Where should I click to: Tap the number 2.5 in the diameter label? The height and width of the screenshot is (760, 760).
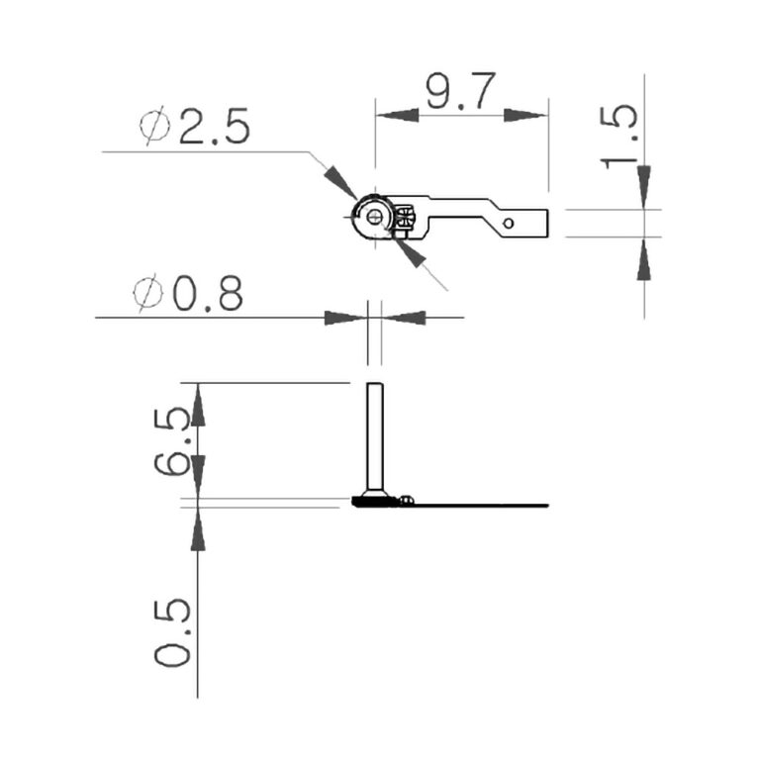(x=214, y=129)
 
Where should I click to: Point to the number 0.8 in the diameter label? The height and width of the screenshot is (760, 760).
(x=207, y=294)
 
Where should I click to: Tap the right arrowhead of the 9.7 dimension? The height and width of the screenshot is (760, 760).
(x=526, y=115)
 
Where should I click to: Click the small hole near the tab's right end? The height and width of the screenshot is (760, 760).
(x=509, y=224)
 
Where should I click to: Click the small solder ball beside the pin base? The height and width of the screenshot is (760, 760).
(x=407, y=501)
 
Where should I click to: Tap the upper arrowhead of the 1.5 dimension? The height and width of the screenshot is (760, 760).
(x=644, y=184)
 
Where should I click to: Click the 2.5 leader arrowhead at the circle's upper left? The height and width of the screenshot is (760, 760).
(x=339, y=182)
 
